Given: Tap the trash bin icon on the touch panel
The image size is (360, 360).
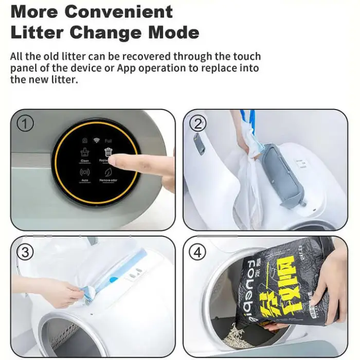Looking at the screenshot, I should point(108,152).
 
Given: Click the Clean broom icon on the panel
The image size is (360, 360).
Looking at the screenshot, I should point(85,152).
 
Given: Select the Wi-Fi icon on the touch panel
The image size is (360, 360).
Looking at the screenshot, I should point(96,139).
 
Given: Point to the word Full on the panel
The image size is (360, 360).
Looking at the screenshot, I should point(108,140).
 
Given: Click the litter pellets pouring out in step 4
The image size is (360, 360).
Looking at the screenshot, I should point(244,334).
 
